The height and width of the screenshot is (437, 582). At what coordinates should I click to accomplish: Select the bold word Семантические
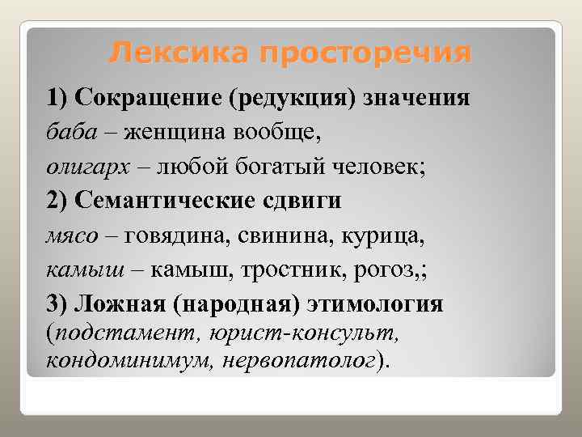pyautogui.click(x=161, y=202)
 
